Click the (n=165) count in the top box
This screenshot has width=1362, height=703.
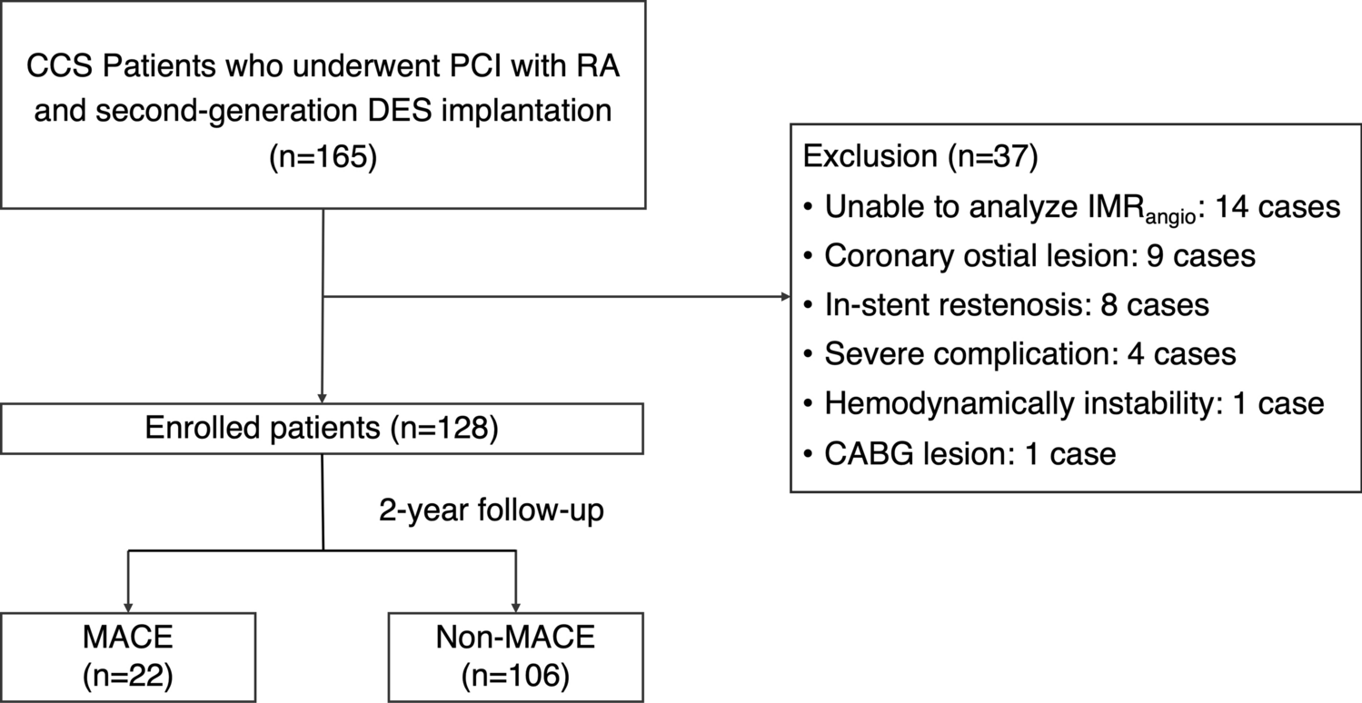(323, 155)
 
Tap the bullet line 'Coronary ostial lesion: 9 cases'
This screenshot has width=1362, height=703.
(1039, 256)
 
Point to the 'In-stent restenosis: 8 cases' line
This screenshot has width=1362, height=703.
(1016, 305)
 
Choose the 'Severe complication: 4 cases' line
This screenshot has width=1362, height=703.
(1029, 354)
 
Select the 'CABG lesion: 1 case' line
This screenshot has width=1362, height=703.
(969, 452)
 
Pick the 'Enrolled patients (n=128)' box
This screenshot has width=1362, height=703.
(323, 429)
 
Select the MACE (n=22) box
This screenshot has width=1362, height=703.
(128, 656)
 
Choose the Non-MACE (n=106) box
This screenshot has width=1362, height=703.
(515, 656)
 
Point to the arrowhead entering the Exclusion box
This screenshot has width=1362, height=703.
(784, 296)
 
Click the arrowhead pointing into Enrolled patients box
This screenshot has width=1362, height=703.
(323, 397)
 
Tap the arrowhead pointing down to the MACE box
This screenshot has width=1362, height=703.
(128, 605)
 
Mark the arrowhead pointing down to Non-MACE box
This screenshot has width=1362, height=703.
(515, 605)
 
